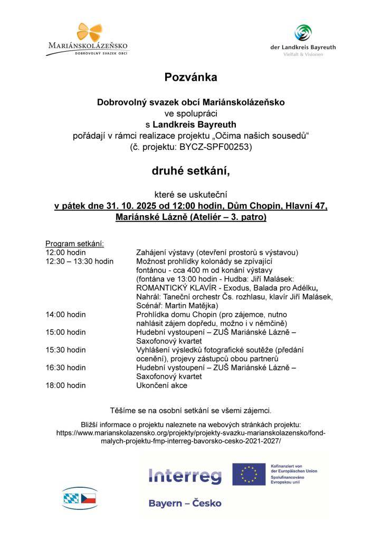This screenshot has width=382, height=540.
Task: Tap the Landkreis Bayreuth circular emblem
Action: coord(302,33)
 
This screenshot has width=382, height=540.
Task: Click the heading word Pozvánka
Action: coord(190,78)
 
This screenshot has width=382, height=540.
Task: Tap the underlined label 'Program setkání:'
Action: coord(75,244)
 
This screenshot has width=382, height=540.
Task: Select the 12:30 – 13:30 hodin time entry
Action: coord(80,261)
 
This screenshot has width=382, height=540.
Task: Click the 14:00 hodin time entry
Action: coord(66,314)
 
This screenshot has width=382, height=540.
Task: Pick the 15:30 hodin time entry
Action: coord(66,350)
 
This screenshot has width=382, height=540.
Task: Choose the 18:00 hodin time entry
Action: coord(66,385)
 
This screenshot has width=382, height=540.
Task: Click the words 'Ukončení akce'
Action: coord(161,385)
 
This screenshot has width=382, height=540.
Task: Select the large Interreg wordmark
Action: coord(185,477)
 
